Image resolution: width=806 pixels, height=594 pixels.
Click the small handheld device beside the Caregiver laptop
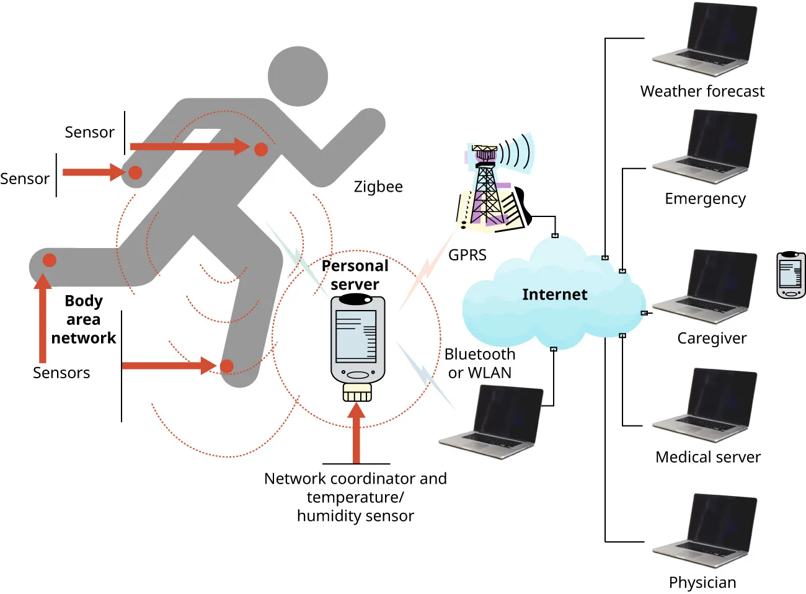coord(791,275)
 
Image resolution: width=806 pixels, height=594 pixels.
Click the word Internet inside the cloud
coord(554,295)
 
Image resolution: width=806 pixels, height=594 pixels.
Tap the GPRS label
coord(467,255)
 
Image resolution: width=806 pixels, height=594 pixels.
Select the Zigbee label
coord(378,187)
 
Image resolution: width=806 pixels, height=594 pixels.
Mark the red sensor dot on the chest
coord(261,149)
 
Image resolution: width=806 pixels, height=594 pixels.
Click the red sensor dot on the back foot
coord(50,260)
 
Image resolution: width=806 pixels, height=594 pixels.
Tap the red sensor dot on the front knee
coord(227,366)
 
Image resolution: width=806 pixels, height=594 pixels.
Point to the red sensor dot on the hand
coord(135,172)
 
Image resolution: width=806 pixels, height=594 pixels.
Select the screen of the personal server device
coord(356,335)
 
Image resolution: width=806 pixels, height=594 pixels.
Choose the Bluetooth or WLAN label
coord(480,363)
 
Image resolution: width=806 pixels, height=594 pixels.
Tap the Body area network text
coord(84,319)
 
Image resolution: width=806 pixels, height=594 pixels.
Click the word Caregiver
coord(712,339)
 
